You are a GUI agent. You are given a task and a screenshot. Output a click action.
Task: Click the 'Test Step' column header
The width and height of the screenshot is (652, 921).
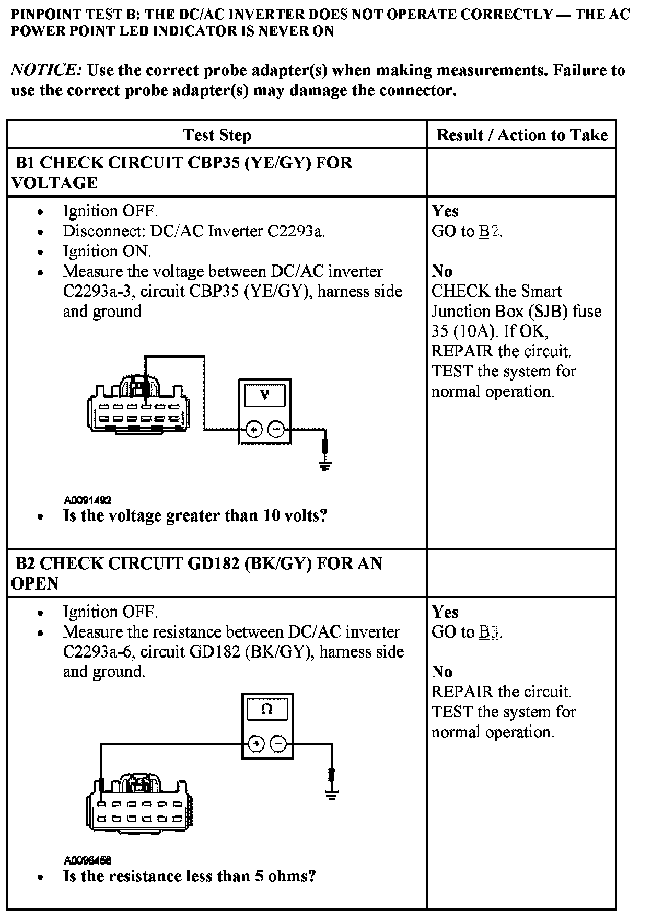pos(217,135)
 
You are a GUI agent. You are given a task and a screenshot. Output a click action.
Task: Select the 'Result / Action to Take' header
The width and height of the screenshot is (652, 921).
pos(522,135)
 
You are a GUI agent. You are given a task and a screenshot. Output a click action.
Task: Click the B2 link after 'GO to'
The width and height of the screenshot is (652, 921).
pos(490,231)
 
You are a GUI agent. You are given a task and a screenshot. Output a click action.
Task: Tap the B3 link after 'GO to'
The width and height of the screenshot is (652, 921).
pos(490,632)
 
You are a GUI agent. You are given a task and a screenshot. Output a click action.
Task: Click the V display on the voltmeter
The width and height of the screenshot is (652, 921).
pos(265,395)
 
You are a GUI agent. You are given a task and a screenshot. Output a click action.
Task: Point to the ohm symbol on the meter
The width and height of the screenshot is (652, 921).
pos(267,709)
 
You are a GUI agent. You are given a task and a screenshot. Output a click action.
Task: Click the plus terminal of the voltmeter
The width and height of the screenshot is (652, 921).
pos(254,430)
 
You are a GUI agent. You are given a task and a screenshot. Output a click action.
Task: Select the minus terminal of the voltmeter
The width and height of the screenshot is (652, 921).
pos(276,430)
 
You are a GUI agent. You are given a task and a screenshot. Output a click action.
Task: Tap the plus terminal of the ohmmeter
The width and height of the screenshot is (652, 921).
pos(256,743)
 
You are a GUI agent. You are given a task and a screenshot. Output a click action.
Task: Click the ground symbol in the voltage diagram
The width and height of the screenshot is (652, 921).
pos(325,465)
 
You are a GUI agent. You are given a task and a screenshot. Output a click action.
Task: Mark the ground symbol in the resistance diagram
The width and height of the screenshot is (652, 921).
pos(331,795)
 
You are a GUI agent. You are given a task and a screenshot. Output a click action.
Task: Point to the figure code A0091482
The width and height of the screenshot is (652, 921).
pos(87,500)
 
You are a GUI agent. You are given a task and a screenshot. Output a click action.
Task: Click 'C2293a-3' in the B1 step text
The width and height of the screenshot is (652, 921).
pos(97,291)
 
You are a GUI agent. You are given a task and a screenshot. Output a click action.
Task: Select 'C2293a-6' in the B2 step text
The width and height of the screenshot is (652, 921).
pos(97,652)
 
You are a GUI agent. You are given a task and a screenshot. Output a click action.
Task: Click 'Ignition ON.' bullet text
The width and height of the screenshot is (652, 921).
pos(107,251)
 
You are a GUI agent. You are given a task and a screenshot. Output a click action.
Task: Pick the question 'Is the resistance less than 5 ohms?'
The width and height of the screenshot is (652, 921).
pos(189,876)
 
